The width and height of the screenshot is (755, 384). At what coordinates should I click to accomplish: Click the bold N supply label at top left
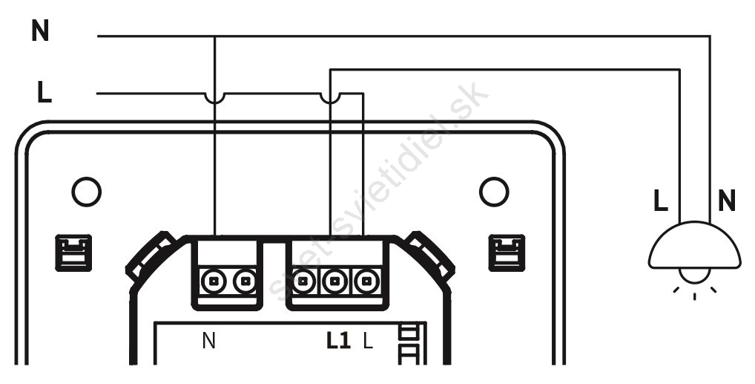tap(40, 31)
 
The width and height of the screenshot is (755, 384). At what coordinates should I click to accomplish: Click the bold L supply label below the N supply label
tap(44, 92)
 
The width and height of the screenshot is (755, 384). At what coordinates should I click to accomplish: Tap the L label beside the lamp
tap(661, 201)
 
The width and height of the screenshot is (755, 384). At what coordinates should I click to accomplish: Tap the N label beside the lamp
tap(727, 201)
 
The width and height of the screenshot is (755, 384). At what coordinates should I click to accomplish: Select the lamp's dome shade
tap(694, 246)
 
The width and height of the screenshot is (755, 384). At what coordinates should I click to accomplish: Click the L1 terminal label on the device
tap(338, 341)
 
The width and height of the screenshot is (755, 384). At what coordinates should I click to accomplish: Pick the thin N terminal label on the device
tap(208, 341)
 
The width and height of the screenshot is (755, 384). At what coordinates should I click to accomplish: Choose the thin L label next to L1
tap(368, 341)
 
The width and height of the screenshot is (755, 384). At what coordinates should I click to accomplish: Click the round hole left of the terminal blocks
tap(87, 192)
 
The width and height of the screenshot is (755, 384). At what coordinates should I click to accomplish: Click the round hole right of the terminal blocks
tap(494, 192)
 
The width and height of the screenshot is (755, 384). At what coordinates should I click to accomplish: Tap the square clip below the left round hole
tap(73, 253)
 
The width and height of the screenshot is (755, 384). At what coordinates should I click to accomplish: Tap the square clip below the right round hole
tap(507, 253)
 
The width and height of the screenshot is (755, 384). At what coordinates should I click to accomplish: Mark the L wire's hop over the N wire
tap(214, 97)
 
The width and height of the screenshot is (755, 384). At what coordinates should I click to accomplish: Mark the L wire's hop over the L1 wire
tap(330, 97)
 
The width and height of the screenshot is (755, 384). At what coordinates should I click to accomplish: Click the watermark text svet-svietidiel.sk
tap(378, 192)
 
